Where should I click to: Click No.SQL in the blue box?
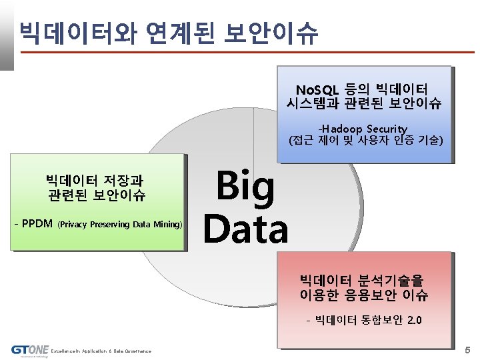coord(318,89)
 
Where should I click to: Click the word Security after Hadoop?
coord(387,128)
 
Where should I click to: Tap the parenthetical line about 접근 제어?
coord(365,141)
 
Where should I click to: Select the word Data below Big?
coord(245,228)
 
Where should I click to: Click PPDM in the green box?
coord(37,223)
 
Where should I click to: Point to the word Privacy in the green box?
coord(74,224)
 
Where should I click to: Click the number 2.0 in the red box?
coord(413,321)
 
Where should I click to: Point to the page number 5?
coord(467,349)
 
